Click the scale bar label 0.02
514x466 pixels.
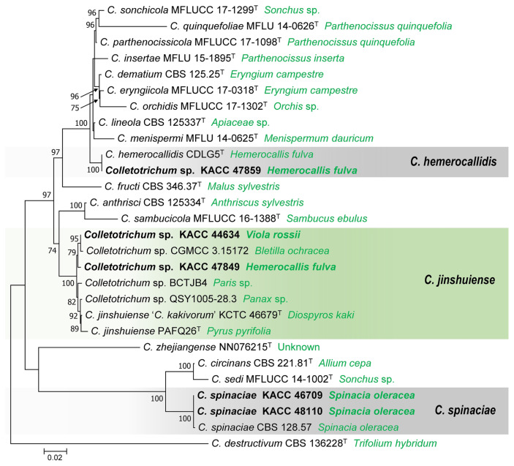[x=55, y=458]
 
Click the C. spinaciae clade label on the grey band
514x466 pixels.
[x=464, y=411]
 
